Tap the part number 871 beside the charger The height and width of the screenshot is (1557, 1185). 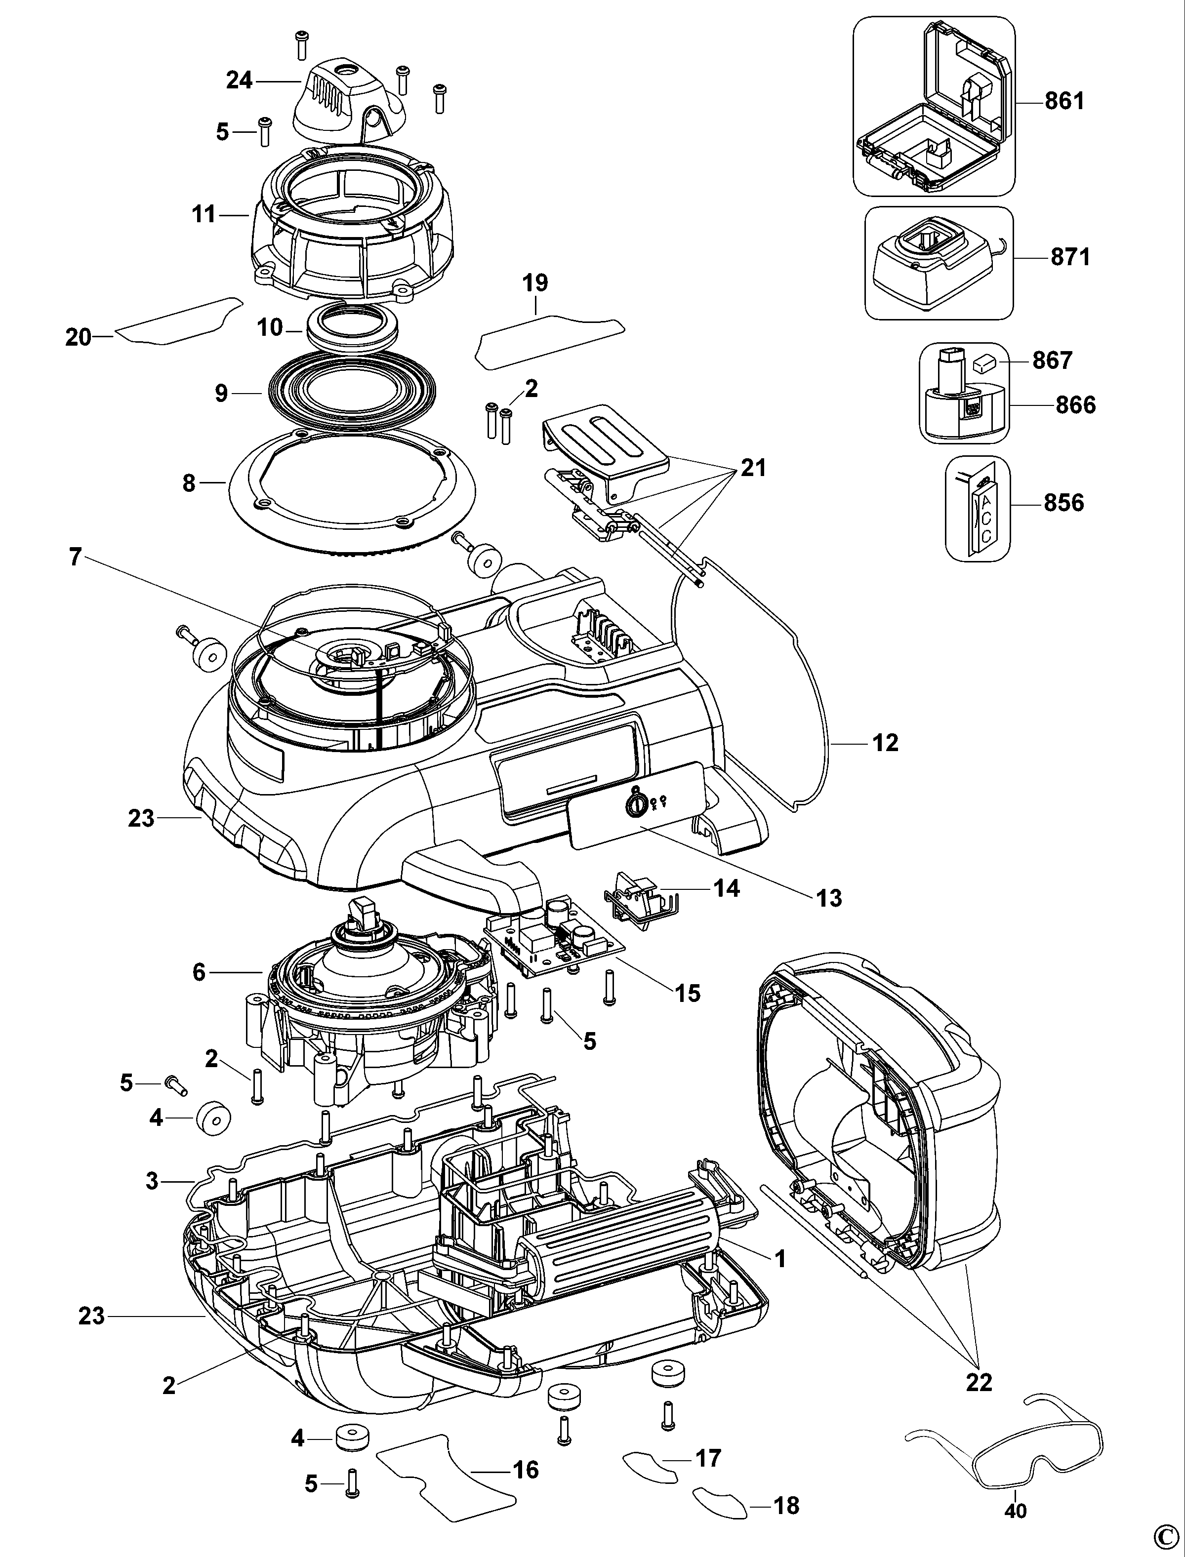click(x=1070, y=257)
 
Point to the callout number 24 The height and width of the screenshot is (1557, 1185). click(x=239, y=80)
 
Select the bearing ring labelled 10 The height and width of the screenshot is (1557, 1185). click(x=353, y=328)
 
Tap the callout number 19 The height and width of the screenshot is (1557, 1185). click(x=535, y=283)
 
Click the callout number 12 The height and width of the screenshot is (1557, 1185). click(x=885, y=743)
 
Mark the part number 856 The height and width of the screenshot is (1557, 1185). click(x=1063, y=503)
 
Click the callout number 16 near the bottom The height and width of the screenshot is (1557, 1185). click(x=526, y=1470)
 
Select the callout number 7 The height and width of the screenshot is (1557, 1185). click(x=75, y=557)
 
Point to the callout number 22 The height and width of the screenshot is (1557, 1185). click(x=979, y=1382)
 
